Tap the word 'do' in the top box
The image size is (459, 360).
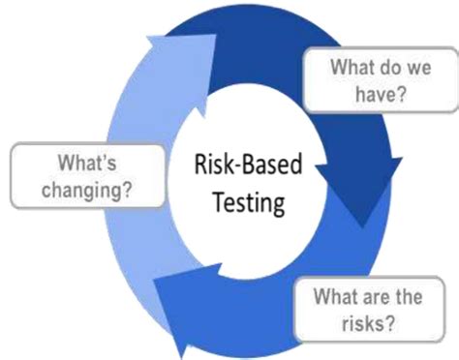point(380,68)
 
